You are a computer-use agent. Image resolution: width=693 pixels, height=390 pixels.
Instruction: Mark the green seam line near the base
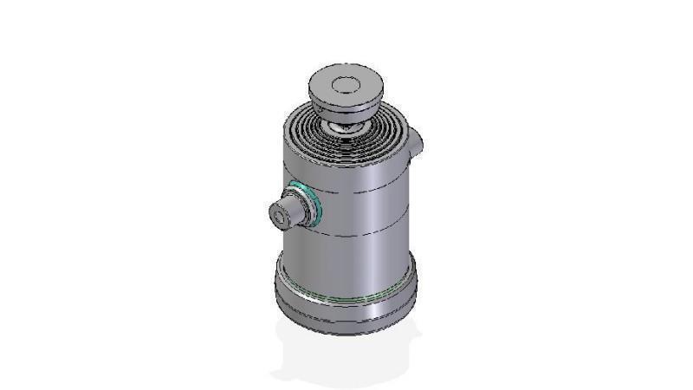pos(346,298)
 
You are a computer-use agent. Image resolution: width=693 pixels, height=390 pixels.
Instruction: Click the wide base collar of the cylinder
pos(346,308)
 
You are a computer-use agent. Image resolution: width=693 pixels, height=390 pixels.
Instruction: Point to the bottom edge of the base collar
pos(346,331)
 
